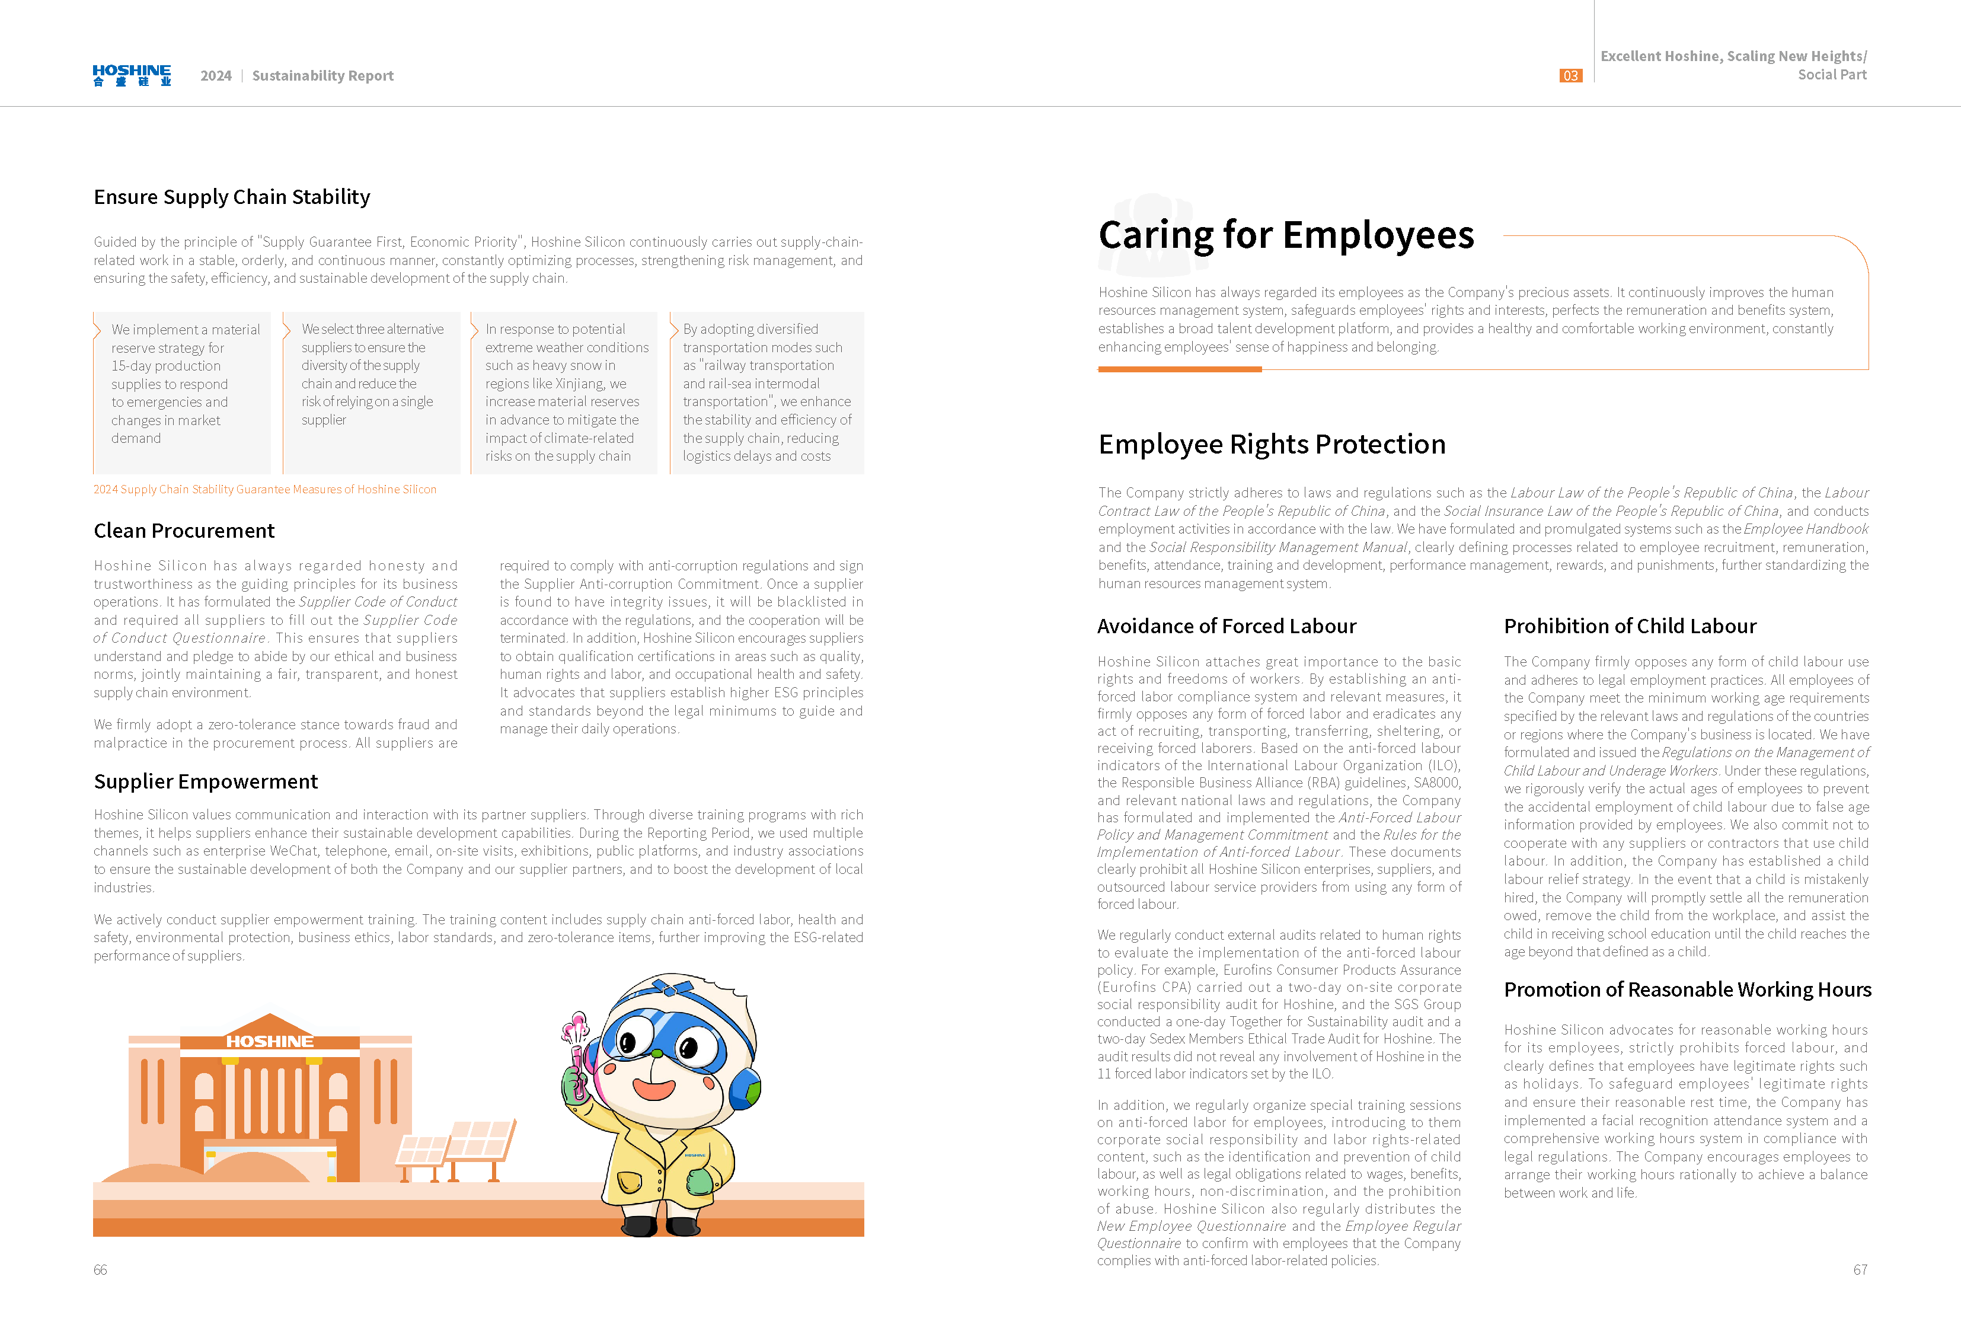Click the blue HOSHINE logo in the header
(x=132, y=75)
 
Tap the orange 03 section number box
(x=1570, y=76)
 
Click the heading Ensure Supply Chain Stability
(x=232, y=197)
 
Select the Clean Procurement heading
(x=184, y=531)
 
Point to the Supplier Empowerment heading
(x=206, y=781)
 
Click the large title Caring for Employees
(x=1286, y=235)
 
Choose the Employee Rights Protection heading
(x=1272, y=444)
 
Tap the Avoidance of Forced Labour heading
(x=1226, y=626)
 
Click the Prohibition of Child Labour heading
(x=1630, y=626)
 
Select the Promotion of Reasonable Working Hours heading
(x=1687, y=989)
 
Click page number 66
(x=100, y=1269)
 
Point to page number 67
(x=1860, y=1269)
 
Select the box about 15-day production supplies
(x=182, y=392)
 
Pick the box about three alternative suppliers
(x=372, y=392)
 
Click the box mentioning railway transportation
(x=766, y=392)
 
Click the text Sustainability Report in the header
(x=322, y=76)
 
